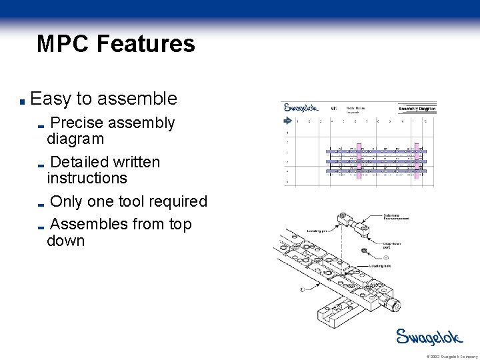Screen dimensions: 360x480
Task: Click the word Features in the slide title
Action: click(146, 44)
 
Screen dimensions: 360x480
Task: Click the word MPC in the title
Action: click(63, 44)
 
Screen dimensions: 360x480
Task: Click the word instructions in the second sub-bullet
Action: click(87, 178)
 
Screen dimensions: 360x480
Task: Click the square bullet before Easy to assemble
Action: click(23, 102)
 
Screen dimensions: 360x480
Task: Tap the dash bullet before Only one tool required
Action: click(41, 204)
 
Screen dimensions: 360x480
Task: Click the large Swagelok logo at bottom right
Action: click(429, 337)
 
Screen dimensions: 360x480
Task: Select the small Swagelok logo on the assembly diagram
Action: click(301, 107)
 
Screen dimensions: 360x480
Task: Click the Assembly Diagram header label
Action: click(417, 108)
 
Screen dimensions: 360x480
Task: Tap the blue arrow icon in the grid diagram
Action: click(288, 121)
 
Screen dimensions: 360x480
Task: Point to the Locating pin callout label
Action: click(317, 231)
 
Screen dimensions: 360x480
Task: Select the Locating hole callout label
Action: click(381, 265)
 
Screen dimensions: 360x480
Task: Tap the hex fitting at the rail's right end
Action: click(395, 306)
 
